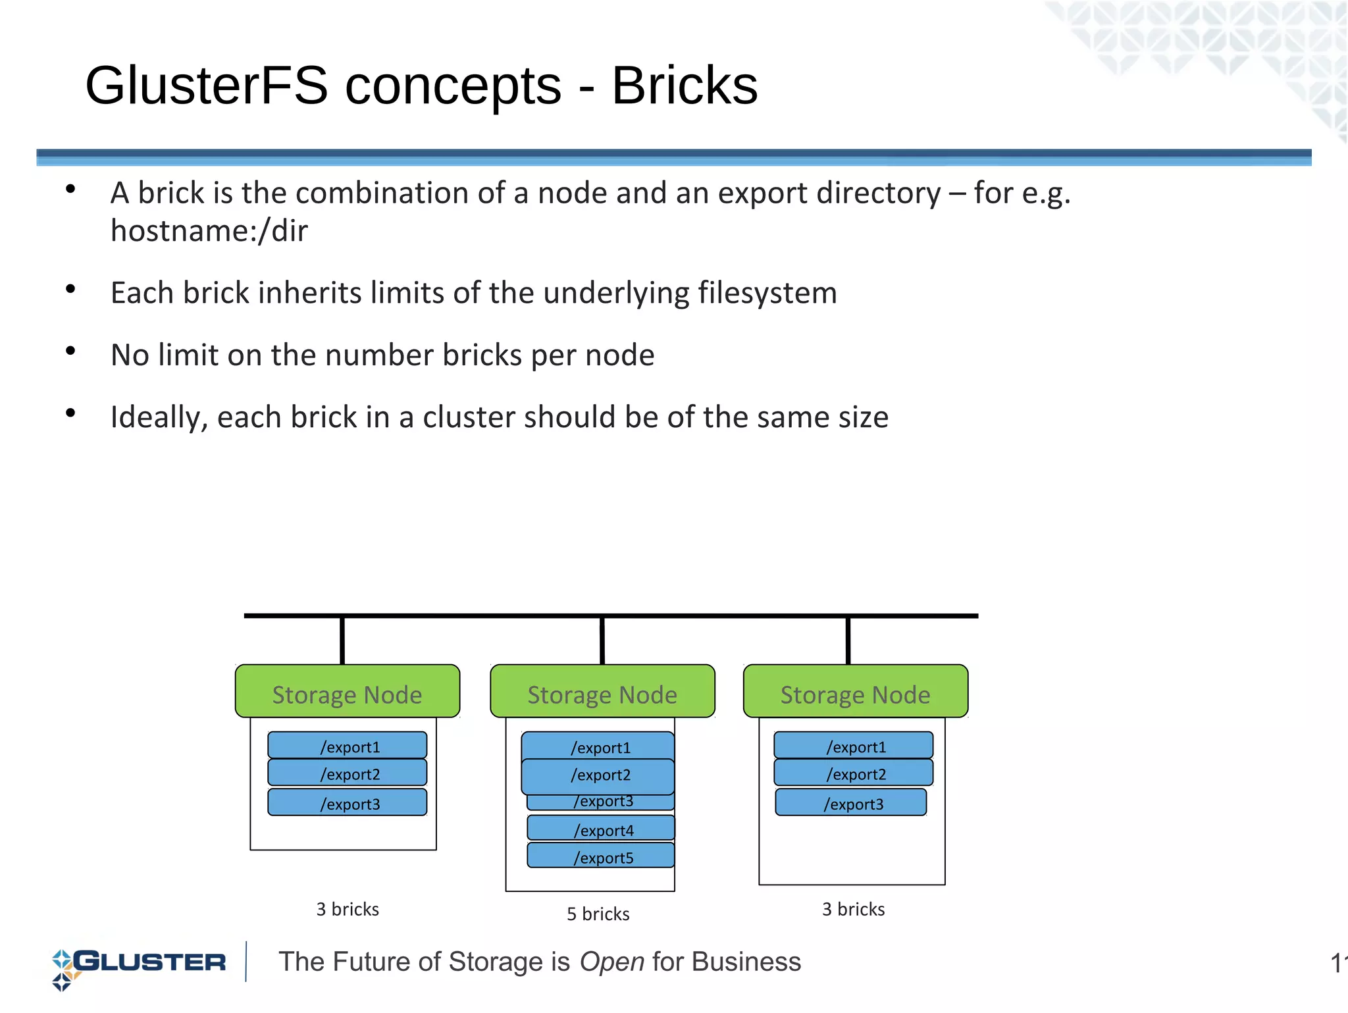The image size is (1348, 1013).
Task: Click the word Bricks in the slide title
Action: click(685, 86)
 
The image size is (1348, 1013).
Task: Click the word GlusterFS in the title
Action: click(206, 86)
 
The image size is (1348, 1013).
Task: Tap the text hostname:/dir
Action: click(209, 231)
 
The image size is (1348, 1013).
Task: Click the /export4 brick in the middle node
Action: click(601, 829)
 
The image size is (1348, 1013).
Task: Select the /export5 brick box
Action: click(601, 856)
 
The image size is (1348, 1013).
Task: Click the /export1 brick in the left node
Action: click(348, 746)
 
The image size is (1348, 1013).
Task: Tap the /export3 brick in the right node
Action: click(851, 803)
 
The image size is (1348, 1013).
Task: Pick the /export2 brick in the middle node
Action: click(598, 775)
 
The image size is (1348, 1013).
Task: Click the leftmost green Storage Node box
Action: click(348, 692)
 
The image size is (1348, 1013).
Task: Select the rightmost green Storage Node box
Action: click(855, 692)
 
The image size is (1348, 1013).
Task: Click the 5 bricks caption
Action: click(598, 914)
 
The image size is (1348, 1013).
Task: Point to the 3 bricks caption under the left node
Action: click(348, 910)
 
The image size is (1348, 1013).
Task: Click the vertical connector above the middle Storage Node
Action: click(602, 640)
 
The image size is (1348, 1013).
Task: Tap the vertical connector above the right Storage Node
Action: click(848, 640)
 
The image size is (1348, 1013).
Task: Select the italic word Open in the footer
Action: click(611, 962)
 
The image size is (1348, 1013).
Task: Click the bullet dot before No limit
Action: click(70, 351)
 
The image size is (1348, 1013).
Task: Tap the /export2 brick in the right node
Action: click(854, 773)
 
